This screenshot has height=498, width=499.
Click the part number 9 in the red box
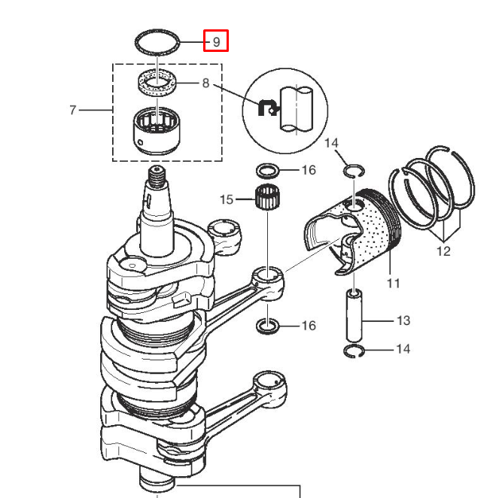(x=217, y=41)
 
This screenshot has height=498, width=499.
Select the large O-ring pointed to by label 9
(x=157, y=31)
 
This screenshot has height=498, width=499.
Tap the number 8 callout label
(x=206, y=83)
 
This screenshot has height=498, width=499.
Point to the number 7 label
(x=73, y=110)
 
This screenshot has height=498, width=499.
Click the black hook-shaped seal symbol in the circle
(x=268, y=108)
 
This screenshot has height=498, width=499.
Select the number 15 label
(x=227, y=199)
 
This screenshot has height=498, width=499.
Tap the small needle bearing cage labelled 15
(x=268, y=198)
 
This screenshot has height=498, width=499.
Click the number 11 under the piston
(x=394, y=283)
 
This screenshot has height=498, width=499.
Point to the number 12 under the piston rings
(x=443, y=251)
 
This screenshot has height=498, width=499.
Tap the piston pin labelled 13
(x=354, y=315)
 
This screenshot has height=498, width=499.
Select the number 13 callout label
(x=403, y=320)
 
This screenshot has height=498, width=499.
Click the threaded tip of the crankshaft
(x=157, y=177)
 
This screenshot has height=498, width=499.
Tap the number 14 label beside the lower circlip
(x=403, y=349)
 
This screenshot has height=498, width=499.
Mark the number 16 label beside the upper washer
(x=309, y=170)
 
